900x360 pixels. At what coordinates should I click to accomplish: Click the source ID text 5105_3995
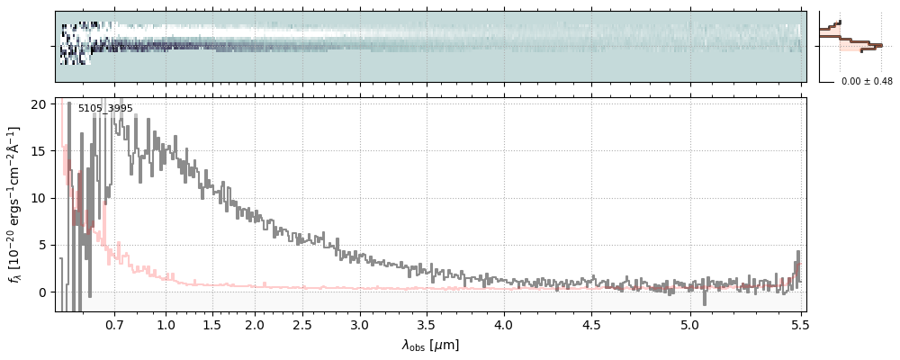pos(105,109)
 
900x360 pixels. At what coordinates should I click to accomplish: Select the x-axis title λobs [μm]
pos(430,345)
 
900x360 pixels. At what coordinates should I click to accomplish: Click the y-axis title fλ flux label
pos(15,204)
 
